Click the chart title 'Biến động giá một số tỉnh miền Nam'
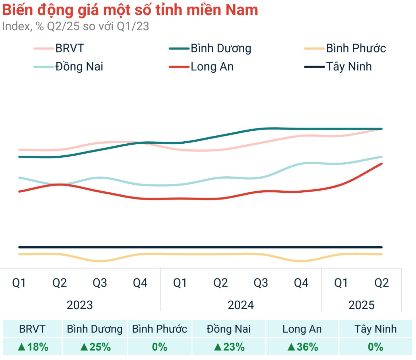pos(130,10)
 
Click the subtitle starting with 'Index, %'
pos(75,26)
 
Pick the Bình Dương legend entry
pos(220,48)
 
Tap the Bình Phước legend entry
pos(355,48)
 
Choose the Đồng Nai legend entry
pos(79,67)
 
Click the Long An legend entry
pos(212,67)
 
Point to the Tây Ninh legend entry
pos(348,67)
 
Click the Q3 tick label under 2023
pos(100,283)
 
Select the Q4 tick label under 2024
pos(301,283)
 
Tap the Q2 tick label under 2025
pos(381,283)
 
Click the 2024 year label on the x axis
pos(241,305)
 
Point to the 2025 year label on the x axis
pos(361,305)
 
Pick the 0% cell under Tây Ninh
pos(375,347)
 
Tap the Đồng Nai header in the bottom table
pos(229,329)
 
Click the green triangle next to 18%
pos(22,347)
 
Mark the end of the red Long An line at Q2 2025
pos(381,164)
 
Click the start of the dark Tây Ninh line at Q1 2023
pos(19,247)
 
